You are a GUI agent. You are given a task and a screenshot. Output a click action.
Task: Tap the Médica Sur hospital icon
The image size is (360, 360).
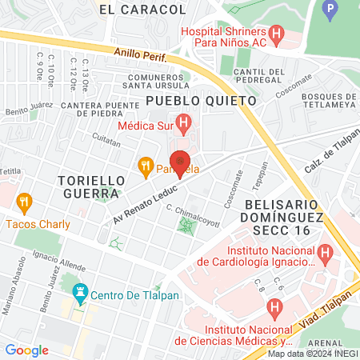(x=184, y=124)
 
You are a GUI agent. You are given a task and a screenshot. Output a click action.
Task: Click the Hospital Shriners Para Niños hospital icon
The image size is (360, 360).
(x=277, y=34)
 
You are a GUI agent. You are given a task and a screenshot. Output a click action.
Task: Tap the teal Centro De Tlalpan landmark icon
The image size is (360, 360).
(x=79, y=293)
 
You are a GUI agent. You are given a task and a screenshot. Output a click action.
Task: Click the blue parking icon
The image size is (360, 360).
(x=330, y=10)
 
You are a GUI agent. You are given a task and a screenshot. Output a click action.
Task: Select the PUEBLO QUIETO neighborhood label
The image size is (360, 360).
(x=201, y=102)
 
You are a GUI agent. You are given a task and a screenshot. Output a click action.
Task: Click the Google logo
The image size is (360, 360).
(x=27, y=350)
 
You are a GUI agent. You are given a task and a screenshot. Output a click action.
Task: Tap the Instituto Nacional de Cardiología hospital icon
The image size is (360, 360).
(x=325, y=254)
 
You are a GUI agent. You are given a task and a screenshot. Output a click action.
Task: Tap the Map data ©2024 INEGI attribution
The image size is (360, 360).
(x=313, y=354)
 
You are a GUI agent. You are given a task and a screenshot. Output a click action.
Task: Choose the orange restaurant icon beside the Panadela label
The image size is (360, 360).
(x=145, y=167)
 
